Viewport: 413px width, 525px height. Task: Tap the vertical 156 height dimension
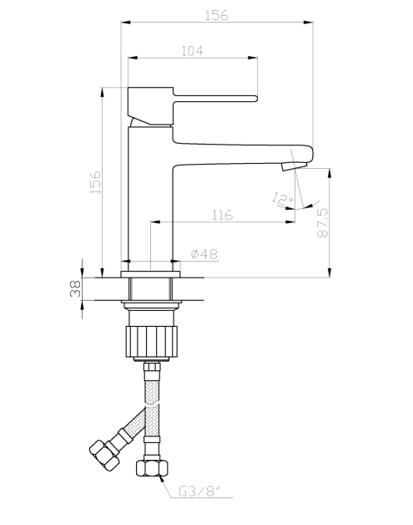pos(95,181)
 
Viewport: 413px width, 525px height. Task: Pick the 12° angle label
pos(282,198)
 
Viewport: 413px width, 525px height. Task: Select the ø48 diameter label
pos(204,254)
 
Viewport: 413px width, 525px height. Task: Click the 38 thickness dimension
pos(74,288)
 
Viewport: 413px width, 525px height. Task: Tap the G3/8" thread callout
pos(197,492)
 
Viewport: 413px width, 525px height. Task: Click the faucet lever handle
pos(213,96)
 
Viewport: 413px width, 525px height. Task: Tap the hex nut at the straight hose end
pos(152,468)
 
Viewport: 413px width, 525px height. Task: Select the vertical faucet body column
pos(150,201)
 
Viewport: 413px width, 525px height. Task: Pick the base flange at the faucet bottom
pos(150,273)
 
